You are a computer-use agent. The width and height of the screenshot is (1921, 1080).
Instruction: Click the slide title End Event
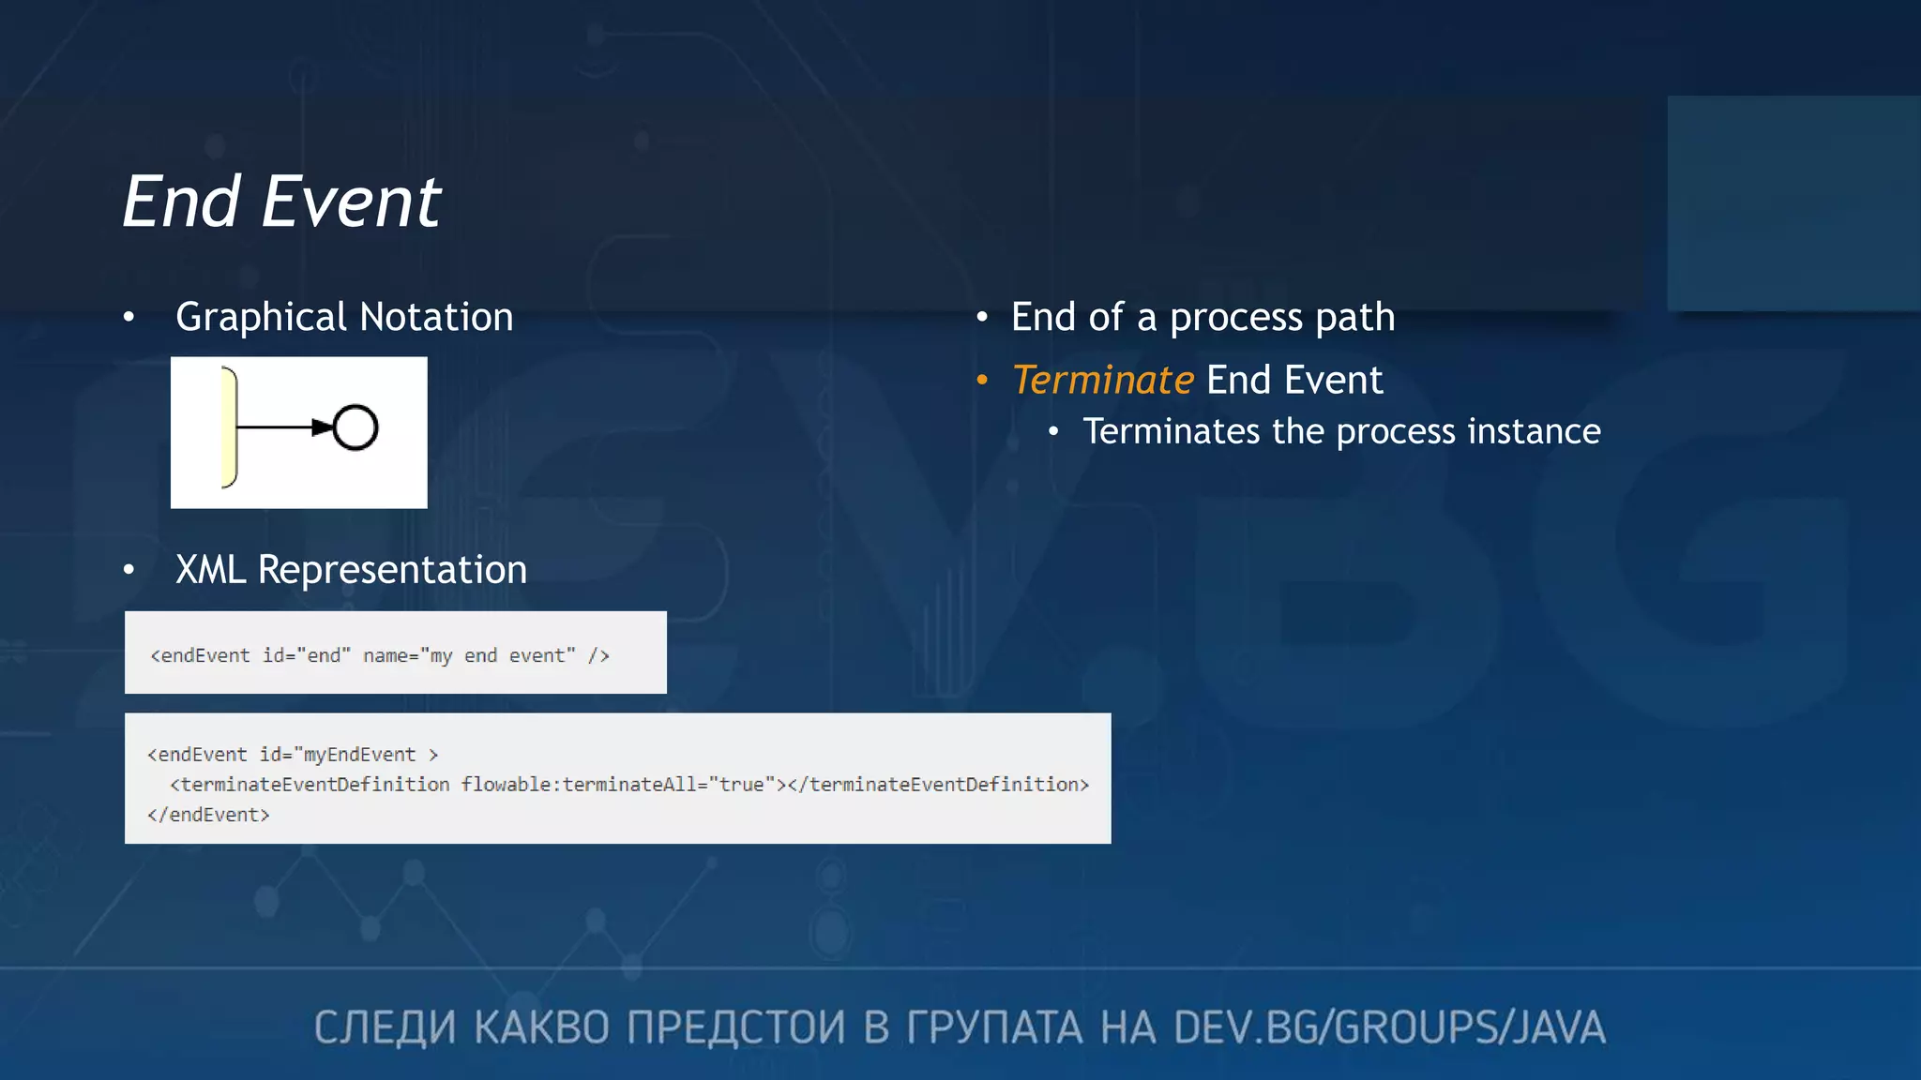tap(281, 202)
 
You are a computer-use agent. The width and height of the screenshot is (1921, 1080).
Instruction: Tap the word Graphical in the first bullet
tap(262, 318)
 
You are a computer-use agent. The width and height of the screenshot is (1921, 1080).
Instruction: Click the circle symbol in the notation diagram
tap(355, 427)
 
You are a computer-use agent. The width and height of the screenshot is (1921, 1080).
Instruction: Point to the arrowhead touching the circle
tap(322, 427)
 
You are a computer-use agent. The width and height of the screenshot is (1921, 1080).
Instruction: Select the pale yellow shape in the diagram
tap(228, 427)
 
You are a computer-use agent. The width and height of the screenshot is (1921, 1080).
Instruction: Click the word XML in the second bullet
tap(211, 570)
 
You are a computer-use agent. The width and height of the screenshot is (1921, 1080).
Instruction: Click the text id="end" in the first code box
tap(306, 655)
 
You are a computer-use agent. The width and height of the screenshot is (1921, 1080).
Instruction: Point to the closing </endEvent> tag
tap(208, 815)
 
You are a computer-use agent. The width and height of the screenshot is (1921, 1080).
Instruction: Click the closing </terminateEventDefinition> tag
tap(938, 785)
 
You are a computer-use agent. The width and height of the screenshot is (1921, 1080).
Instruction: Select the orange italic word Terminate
tap(1103, 381)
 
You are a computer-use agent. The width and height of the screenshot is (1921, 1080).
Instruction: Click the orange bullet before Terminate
tap(982, 380)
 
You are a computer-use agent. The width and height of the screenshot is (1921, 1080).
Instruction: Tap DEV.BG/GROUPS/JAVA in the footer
tap(1389, 1027)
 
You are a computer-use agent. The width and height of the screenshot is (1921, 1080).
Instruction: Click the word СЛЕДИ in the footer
tap(385, 1027)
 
